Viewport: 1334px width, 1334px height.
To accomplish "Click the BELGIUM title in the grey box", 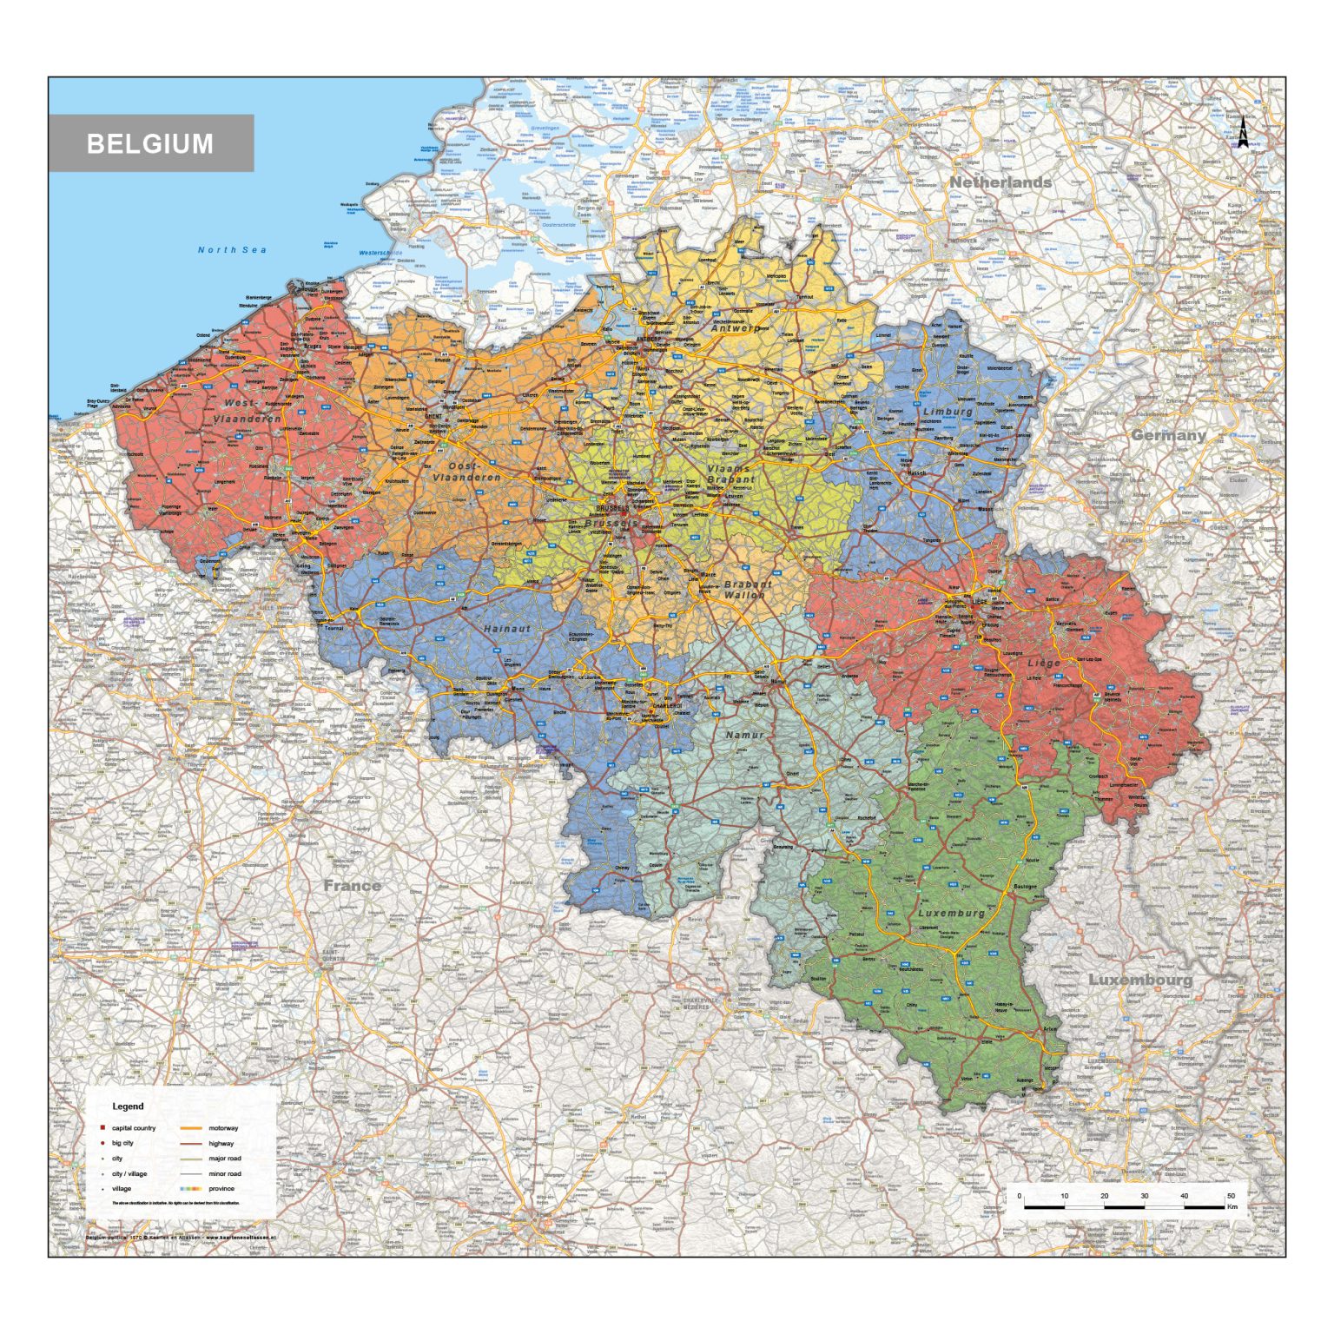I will (x=150, y=143).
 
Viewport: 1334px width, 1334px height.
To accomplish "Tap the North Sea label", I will (x=232, y=250).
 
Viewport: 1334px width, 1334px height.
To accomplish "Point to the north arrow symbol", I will (x=1243, y=134).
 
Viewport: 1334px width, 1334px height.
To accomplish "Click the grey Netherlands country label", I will (x=1000, y=182).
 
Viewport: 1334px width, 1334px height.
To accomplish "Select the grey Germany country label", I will (x=1168, y=435).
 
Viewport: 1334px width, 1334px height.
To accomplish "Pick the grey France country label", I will (x=353, y=886).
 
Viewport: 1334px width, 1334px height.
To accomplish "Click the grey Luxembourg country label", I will (x=1140, y=980).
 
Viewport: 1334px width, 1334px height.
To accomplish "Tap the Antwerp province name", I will (x=735, y=328).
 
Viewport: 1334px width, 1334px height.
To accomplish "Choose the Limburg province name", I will (x=948, y=411).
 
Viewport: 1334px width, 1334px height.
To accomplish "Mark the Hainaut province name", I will (x=506, y=628).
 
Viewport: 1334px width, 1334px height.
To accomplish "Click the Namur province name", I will (x=744, y=735).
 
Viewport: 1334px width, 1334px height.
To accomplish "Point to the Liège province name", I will (x=1044, y=663).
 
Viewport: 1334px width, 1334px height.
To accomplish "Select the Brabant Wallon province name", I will (x=746, y=590).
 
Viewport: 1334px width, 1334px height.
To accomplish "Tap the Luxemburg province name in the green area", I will (x=951, y=913).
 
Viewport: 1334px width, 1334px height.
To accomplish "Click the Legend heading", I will (x=128, y=1106).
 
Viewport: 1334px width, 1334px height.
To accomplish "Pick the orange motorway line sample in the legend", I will (x=191, y=1128).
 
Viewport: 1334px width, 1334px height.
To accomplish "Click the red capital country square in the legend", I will (x=102, y=1128).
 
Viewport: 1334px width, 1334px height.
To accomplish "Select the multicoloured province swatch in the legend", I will (x=191, y=1189).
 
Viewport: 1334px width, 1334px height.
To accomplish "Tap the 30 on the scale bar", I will (x=1144, y=1196).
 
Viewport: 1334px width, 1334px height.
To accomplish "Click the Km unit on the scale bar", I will (x=1232, y=1206).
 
